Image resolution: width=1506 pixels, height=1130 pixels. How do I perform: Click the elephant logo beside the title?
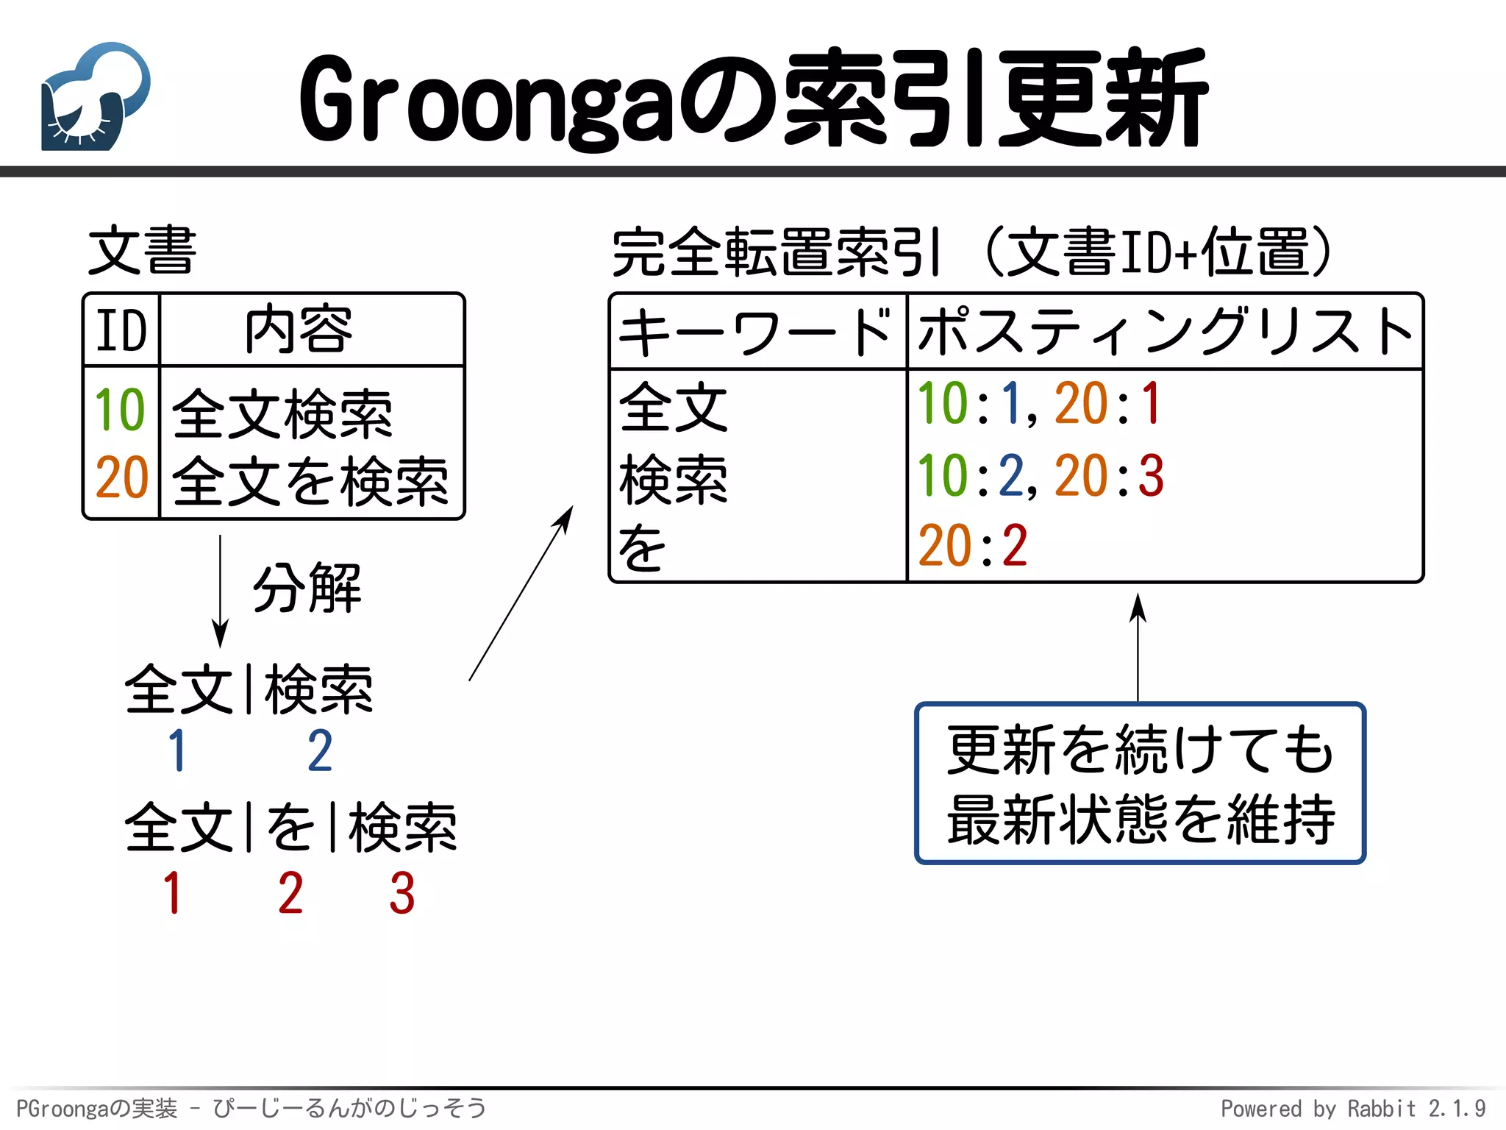click(95, 96)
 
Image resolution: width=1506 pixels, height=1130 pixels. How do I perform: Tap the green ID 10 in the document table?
click(120, 410)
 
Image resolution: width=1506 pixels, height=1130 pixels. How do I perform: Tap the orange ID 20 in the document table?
click(121, 477)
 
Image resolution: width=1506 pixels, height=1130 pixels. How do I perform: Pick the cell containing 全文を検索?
click(310, 480)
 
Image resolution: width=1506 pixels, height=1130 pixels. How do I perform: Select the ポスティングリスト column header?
click(1165, 332)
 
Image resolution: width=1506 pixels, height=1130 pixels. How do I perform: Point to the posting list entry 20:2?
click(972, 546)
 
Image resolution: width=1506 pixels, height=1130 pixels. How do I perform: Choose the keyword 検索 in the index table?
click(673, 479)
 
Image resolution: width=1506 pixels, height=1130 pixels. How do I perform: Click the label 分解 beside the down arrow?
click(307, 588)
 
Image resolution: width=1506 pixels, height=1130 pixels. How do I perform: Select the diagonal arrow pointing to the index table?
click(521, 593)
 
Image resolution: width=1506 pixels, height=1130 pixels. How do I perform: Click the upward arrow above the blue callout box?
click(1138, 647)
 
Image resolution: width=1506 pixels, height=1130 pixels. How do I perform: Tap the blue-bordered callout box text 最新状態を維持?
click(1140, 819)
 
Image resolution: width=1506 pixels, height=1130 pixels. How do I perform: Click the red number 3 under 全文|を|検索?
click(402, 893)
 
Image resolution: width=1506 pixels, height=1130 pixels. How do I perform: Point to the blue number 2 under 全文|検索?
click(320, 751)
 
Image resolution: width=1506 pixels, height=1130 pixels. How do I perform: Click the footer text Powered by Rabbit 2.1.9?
click(1352, 1108)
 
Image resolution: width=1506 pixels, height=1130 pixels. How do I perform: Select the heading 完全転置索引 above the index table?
click(776, 252)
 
